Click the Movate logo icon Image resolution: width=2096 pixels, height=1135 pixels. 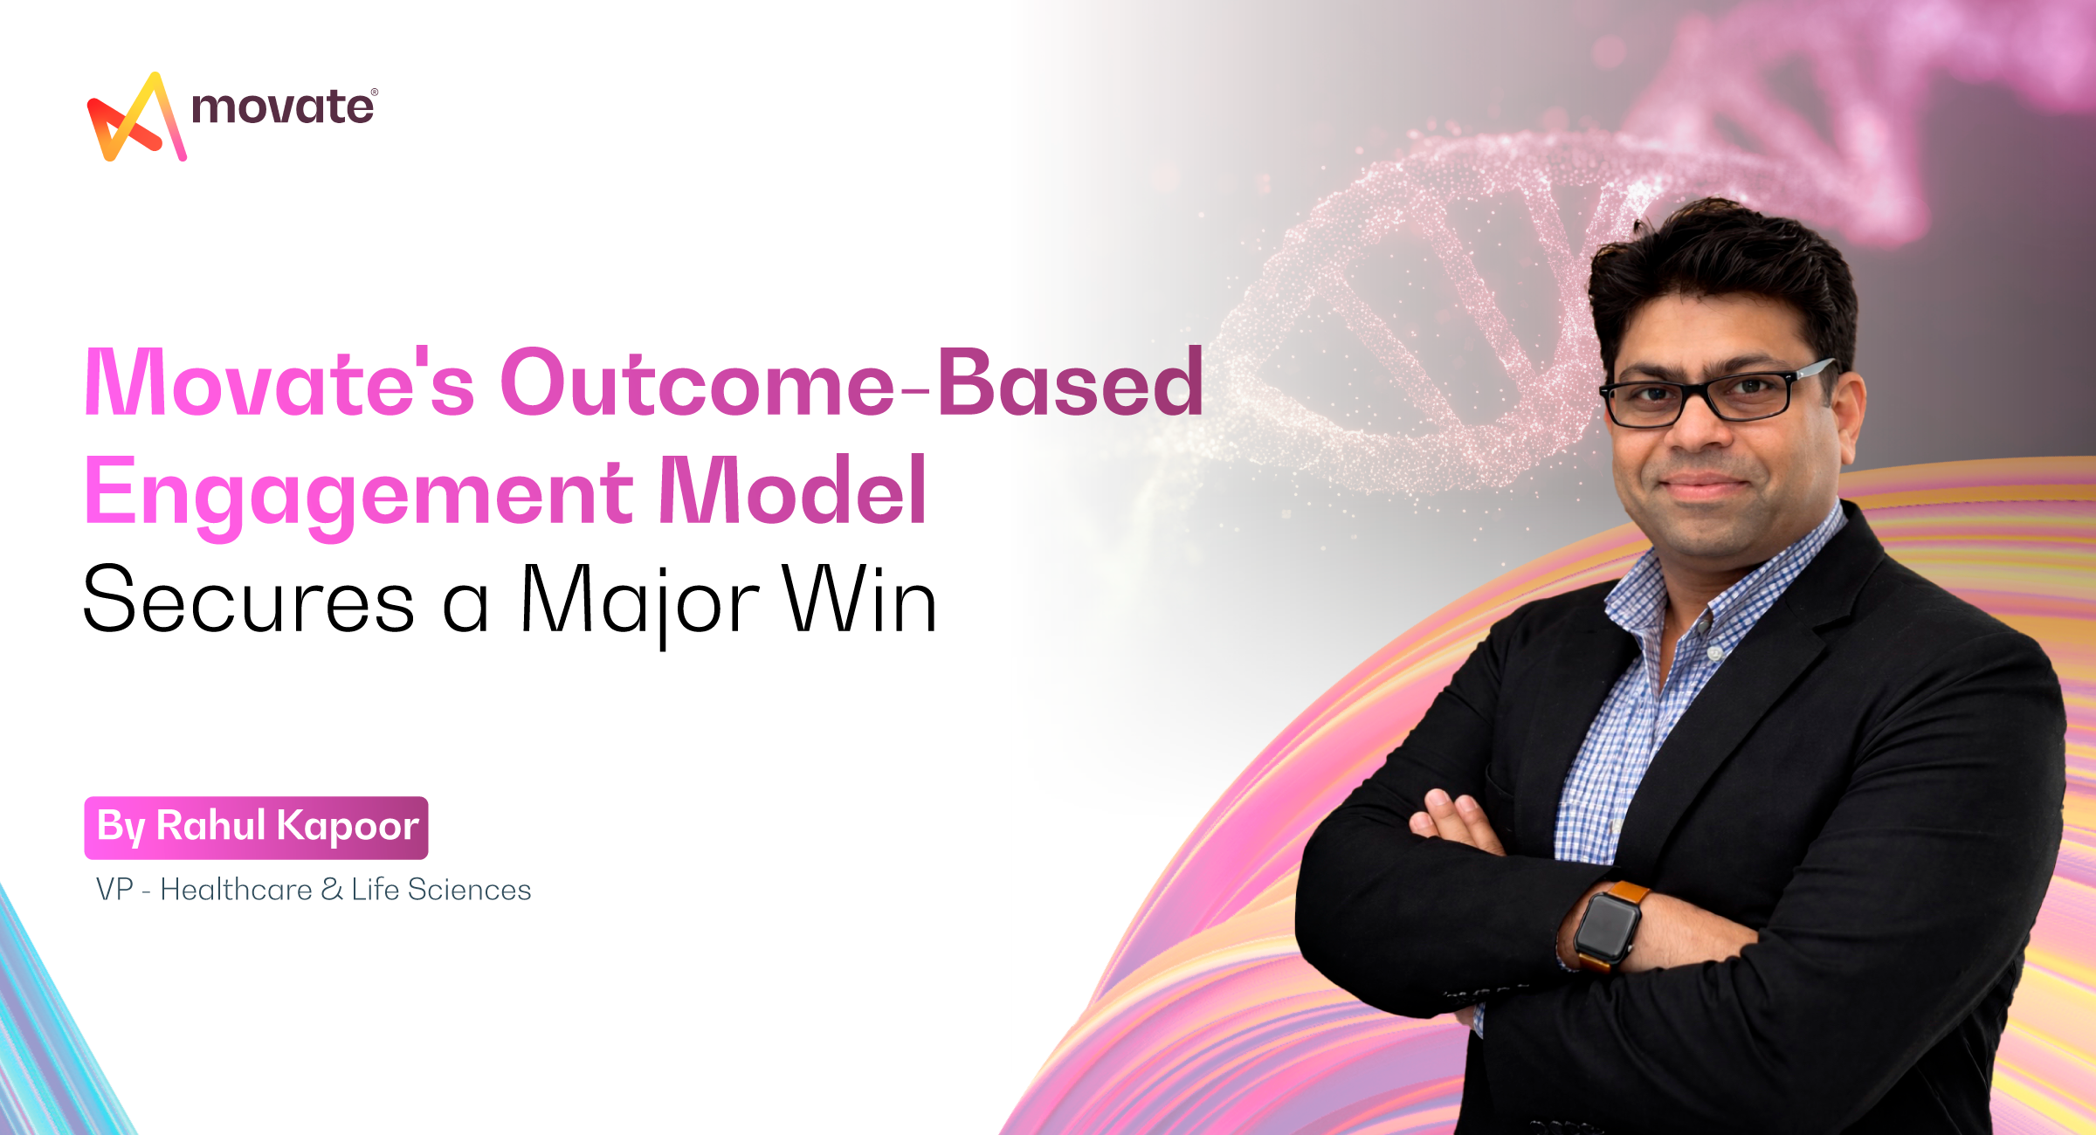click(135, 118)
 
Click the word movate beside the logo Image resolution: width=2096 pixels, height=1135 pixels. click(281, 108)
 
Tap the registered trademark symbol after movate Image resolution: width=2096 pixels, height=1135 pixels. click(375, 92)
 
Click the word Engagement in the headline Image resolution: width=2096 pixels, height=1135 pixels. click(358, 493)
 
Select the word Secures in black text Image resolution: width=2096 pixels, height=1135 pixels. click(249, 601)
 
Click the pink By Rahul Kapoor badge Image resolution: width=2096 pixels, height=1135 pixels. click(256, 827)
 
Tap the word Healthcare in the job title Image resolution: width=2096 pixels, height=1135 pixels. click(236, 890)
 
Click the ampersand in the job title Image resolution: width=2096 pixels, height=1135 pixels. click(332, 890)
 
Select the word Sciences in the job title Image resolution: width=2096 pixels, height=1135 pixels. click(469, 890)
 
